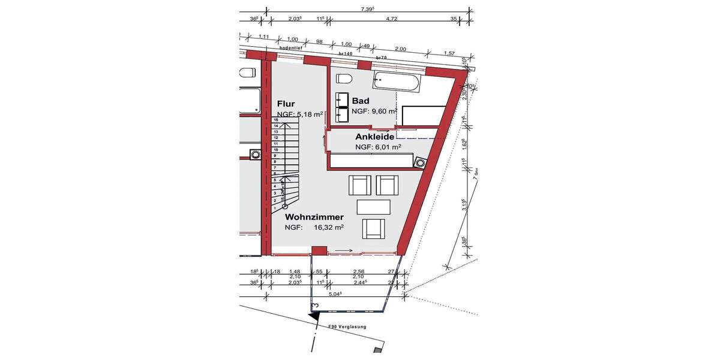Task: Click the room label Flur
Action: pyautogui.click(x=286, y=103)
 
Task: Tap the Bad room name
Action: pyautogui.click(x=361, y=100)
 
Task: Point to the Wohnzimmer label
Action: pyautogui.click(x=314, y=217)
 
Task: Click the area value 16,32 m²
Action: pyautogui.click(x=328, y=227)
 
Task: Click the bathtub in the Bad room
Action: pyautogui.click(x=399, y=81)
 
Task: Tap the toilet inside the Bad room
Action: pyautogui.click(x=344, y=79)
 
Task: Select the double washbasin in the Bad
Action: pyautogui.click(x=343, y=106)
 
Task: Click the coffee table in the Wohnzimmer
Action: pyautogui.click(x=373, y=206)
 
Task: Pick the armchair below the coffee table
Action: pyautogui.click(x=373, y=229)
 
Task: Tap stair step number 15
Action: pyautogui.click(x=275, y=120)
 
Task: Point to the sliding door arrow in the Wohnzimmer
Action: pyautogui.click(x=344, y=251)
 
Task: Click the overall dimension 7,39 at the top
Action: pyautogui.click(x=367, y=8)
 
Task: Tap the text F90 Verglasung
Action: pyautogui.click(x=346, y=327)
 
